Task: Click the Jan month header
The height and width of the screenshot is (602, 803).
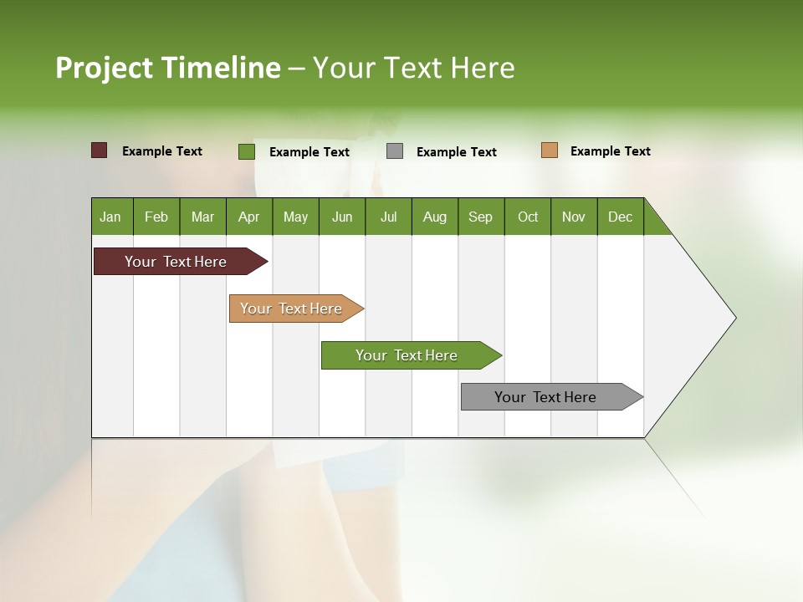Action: (111, 217)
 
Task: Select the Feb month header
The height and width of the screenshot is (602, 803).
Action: (156, 217)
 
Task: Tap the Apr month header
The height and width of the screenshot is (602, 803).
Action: (249, 217)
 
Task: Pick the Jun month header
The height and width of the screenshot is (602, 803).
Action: (342, 217)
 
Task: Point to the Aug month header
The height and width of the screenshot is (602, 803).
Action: (435, 217)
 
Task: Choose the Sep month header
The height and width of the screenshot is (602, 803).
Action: (481, 217)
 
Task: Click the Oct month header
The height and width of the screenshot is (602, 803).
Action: (528, 217)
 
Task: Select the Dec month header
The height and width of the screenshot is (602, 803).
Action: (621, 217)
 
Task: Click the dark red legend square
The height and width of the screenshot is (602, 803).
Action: (100, 150)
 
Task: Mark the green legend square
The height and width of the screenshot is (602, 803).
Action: (247, 151)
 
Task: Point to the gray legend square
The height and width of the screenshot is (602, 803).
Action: (395, 151)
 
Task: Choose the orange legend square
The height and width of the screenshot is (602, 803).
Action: (549, 150)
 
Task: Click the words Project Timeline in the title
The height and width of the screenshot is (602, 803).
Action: (168, 68)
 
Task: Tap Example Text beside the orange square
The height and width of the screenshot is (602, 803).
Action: (610, 151)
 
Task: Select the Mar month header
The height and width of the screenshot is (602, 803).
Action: (202, 217)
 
